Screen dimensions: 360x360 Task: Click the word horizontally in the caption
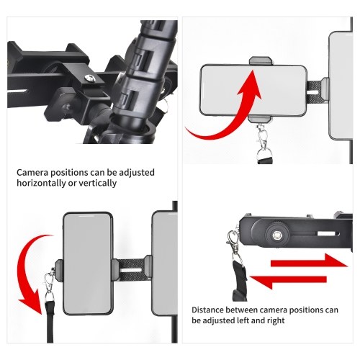41,183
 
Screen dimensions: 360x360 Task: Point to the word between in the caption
241,310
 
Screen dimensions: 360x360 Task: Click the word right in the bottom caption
276,321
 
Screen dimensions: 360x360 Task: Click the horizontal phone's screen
253,90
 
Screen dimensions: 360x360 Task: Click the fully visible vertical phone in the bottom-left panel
88,264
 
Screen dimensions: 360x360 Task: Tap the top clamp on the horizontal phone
261,61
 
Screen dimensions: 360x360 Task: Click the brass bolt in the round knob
277,235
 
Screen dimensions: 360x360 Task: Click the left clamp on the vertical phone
59,270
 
